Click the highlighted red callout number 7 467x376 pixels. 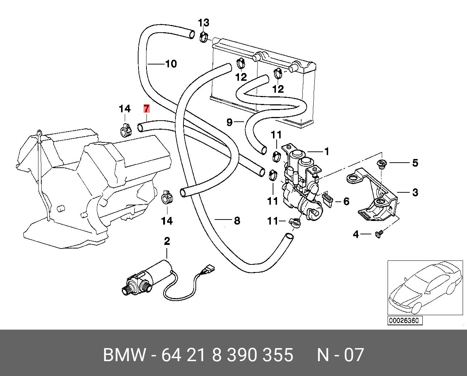pos(146,109)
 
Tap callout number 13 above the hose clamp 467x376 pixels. pos(203,23)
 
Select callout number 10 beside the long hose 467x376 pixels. pos(171,64)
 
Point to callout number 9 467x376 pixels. pos(229,122)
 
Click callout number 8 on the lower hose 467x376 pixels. pos(237,220)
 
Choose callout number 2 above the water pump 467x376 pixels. pos(167,241)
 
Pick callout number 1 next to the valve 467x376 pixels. pos(327,151)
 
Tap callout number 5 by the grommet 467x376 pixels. pos(415,163)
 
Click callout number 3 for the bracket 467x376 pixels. pos(415,192)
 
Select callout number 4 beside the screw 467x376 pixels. pos(356,235)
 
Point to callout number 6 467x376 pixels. pos(346,201)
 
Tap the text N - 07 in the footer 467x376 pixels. pos(340,355)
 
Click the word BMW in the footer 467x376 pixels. pos(124,355)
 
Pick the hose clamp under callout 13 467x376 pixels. pos(204,37)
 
